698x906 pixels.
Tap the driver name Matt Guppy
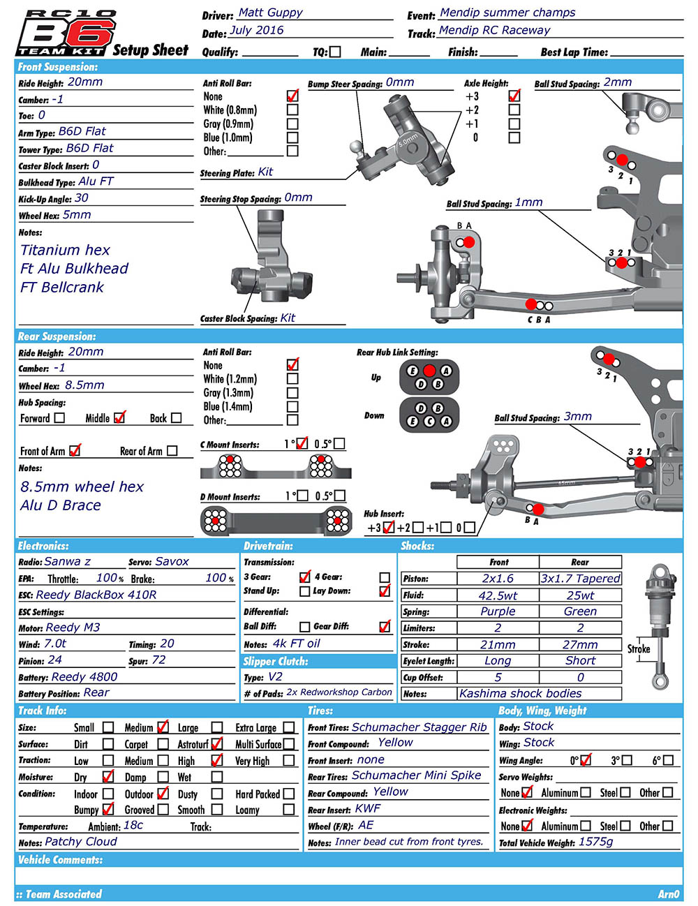[x=270, y=13]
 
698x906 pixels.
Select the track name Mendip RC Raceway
[x=494, y=30]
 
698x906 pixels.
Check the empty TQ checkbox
[x=336, y=52]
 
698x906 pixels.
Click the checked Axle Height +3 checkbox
[x=514, y=96]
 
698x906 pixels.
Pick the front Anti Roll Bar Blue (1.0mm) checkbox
[x=292, y=138]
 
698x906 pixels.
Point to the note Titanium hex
[x=65, y=250]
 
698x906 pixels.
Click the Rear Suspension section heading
[x=57, y=336]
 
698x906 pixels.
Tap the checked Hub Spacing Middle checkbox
[x=119, y=417]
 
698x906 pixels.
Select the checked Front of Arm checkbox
[x=75, y=451]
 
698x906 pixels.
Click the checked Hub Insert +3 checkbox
[x=389, y=528]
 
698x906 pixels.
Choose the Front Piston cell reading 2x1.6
[x=498, y=579]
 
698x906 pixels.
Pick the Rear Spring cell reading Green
[x=580, y=611]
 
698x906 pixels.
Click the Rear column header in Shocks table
[x=580, y=562]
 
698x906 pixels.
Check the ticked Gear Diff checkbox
[x=385, y=626]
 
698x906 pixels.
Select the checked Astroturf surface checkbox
[x=217, y=744]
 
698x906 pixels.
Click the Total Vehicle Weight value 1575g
[x=595, y=842]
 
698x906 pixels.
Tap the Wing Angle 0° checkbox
[x=586, y=760]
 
